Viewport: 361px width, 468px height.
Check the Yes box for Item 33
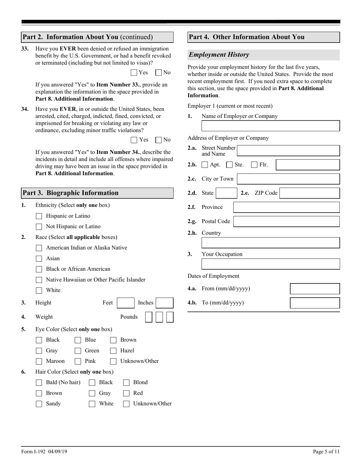coord(134,73)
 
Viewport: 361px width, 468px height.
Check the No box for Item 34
coord(159,140)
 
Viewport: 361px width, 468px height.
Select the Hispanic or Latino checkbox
coord(39,216)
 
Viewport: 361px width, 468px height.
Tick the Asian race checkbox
coord(39,259)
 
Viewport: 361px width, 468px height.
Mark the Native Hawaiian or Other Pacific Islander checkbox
coord(39,280)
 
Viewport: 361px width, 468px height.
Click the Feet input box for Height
coord(125,303)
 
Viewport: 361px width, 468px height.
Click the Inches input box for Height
coord(165,303)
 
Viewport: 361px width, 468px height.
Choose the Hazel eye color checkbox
coord(113,351)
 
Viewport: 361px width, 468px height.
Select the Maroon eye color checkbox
coord(39,361)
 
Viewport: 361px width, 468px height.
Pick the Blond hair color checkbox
coord(126,383)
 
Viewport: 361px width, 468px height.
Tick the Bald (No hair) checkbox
coord(39,383)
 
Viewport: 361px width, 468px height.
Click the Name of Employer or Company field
coord(270,126)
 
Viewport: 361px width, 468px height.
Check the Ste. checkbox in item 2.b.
coord(229,165)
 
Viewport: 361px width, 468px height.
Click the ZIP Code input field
coord(309,193)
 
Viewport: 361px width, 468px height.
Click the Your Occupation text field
coord(270,264)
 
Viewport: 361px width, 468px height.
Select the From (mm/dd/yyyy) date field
coord(315,289)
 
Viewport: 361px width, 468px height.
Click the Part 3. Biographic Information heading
coord(70,193)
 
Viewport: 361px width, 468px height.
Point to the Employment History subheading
coord(219,55)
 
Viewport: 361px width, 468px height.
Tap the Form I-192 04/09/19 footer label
coord(44,452)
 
